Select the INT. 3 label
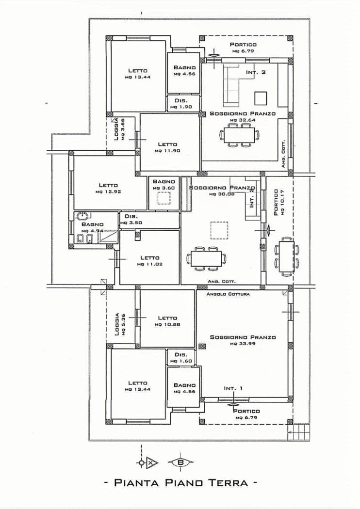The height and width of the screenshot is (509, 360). pyautogui.click(x=256, y=73)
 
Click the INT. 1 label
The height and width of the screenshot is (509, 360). pyautogui.click(x=233, y=388)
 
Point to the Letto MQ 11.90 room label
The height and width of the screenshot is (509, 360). pyautogui.click(x=167, y=147)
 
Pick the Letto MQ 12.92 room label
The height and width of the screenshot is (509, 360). pyautogui.click(x=108, y=188)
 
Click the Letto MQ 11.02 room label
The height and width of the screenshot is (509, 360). pyautogui.click(x=149, y=261)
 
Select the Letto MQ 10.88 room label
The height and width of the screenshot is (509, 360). pyautogui.click(x=167, y=321)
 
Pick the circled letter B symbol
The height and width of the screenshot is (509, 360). pyautogui.click(x=180, y=462)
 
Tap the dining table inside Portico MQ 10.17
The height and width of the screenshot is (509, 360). pyautogui.click(x=287, y=256)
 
